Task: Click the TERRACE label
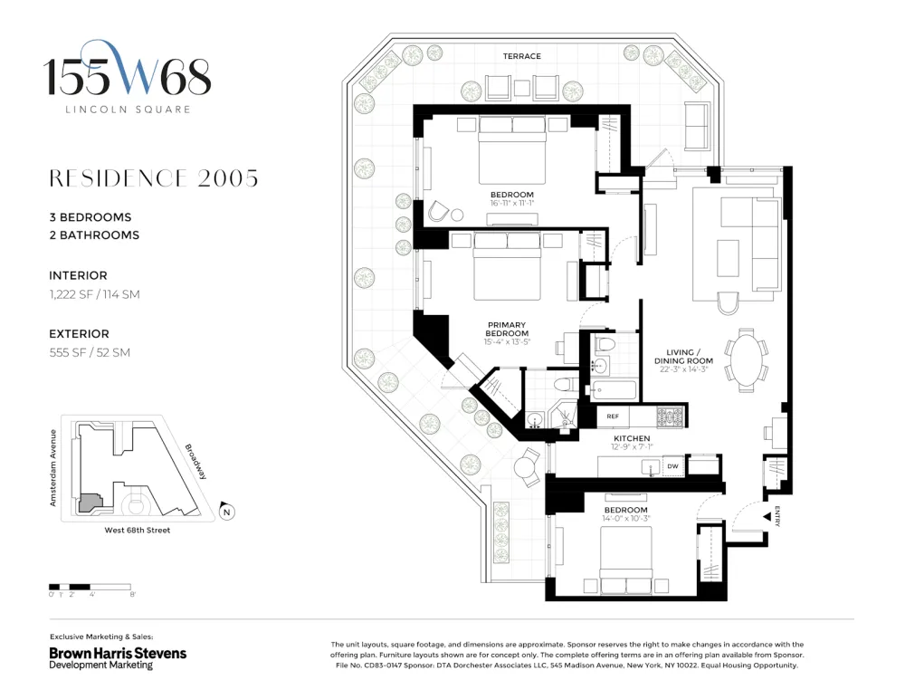522,56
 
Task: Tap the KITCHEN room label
632,438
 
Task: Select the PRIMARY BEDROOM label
507,330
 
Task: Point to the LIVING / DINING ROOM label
683,357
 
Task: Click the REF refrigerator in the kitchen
613,417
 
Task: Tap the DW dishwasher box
673,466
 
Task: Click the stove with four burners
671,417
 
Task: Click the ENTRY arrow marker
767,517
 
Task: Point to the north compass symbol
227,512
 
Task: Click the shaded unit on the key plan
90,502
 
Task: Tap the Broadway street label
195,462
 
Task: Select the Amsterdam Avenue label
53,468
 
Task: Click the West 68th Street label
138,530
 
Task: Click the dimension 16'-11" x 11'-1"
512,204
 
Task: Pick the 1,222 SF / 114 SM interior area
95,294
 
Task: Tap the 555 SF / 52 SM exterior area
90,352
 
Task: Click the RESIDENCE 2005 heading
154,178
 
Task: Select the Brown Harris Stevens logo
118,657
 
